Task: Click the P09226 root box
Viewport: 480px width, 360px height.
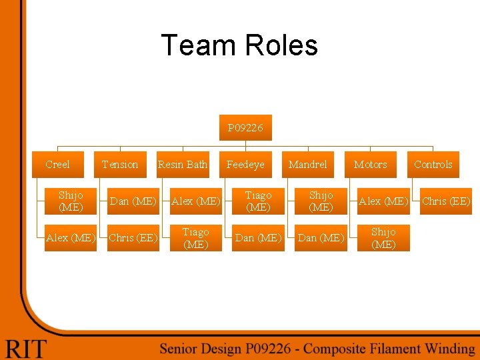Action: pyautogui.click(x=245, y=127)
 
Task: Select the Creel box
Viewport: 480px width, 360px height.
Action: pyautogui.click(x=58, y=164)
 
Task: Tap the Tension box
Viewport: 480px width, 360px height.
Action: pyautogui.click(x=120, y=164)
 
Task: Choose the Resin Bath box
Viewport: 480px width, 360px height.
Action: pyautogui.click(x=183, y=164)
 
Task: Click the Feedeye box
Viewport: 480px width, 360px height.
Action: pyautogui.click(x=245, y=164)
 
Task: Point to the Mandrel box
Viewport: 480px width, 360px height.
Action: pyautogui.click(x=308, y=164)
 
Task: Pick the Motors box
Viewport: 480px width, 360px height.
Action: pyautogui.click(x=371, y=164)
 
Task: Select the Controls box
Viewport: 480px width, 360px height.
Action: pyautogui.click(x=433, y=164)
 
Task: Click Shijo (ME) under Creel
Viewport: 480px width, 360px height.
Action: pyautogui.click(x=71, y=201)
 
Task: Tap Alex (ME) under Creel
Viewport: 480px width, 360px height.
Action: pyautogui.click(x=71, y=237)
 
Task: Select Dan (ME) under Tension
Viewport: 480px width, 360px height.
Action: pyautogui.click(x=133, y=201)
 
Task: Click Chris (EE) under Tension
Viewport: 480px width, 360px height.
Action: pyautogui.click(x=133, y=237)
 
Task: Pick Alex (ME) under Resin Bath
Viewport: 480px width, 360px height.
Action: pyautogui.click(x=195, y=201)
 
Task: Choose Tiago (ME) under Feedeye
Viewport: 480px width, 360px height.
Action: pyautogui.click(x=258, y=201)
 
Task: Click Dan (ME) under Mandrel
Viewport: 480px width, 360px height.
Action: pyautogui.click(x=321, y=237)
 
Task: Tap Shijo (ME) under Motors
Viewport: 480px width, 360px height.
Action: pyautogui.click(x=383, y=237)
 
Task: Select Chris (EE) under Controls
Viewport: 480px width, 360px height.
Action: pyautogui.click(x=446, y=201)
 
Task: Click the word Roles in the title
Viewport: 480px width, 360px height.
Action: pyautogui.click(x=281, y=45)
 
